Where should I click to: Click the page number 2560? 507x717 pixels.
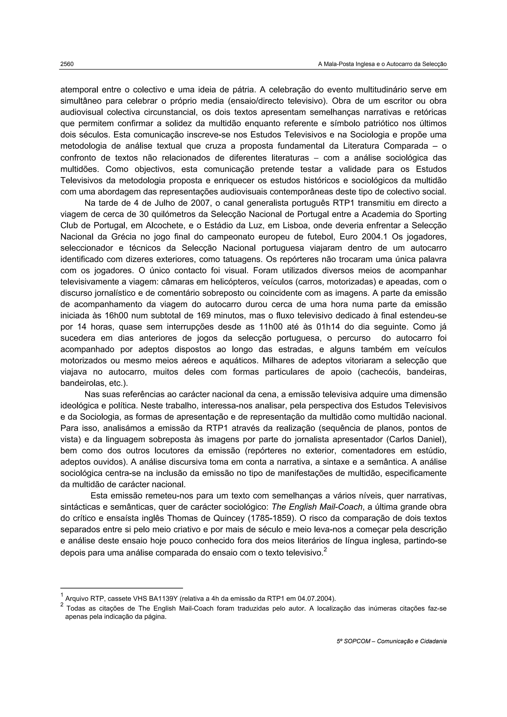point(67,64)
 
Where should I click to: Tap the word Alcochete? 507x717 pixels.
point(163,226)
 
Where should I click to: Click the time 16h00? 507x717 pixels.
point(116,316)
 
